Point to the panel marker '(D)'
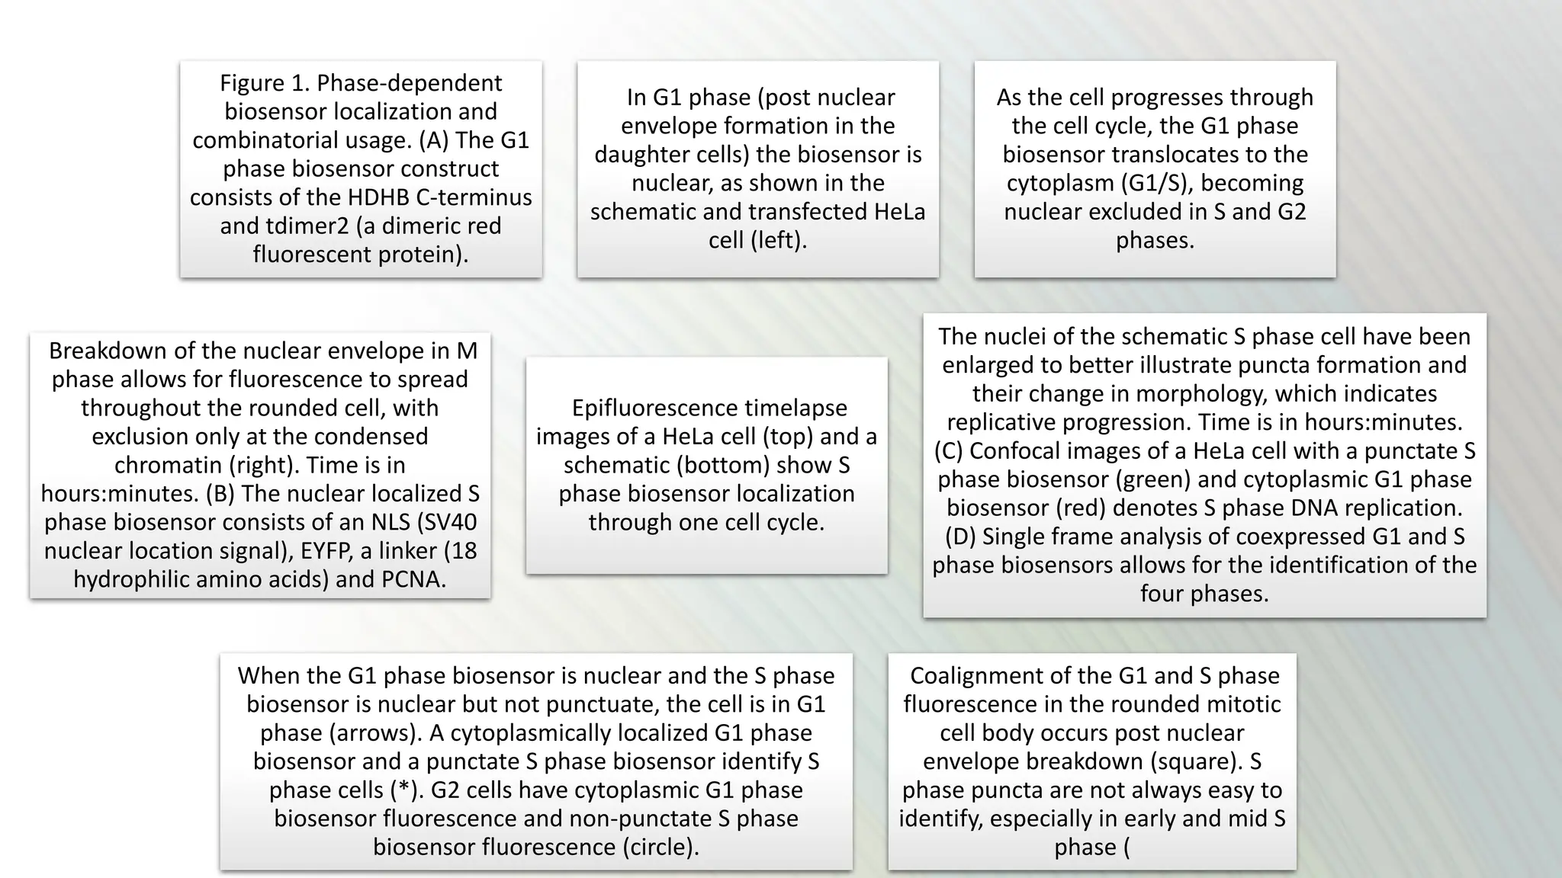(960, 537)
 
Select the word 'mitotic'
(1240, 703)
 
